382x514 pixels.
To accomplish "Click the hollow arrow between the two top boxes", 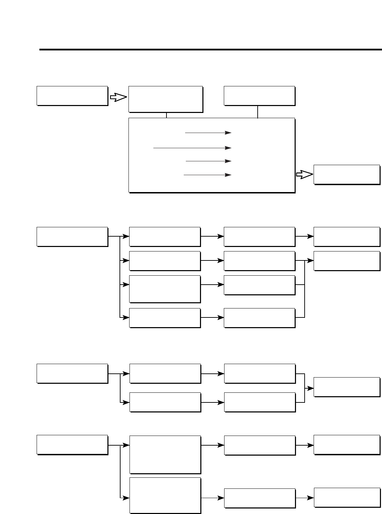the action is (118, 98).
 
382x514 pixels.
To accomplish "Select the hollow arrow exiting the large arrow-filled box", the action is (304, 175).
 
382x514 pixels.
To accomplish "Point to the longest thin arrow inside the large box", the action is (192, 148).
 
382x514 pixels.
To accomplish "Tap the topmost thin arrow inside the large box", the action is (208, 133).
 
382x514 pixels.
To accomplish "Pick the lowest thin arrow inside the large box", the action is (207, 175).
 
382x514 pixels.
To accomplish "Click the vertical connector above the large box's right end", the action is (258, 112).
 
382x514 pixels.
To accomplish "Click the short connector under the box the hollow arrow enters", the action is (166, 115).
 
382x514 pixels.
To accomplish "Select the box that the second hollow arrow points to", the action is (346, 174).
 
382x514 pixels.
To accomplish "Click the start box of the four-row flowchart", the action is (72, 237).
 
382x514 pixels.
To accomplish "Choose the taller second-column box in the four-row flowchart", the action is (165, 289).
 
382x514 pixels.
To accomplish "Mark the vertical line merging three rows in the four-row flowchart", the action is (304, 289).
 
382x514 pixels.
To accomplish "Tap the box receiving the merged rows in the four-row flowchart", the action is (346, 261).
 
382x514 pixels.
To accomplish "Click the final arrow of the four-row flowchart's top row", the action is (304, 237).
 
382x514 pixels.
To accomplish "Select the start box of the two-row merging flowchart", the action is (72, 373).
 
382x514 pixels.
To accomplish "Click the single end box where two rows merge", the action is (346, 387).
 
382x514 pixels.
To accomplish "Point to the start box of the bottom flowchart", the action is (72, 445).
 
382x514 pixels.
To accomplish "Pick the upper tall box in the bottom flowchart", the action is (165, 455).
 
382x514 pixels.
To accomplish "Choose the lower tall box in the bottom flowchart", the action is (165, 495).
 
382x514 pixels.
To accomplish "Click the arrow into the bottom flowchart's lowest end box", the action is (304, 498).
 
